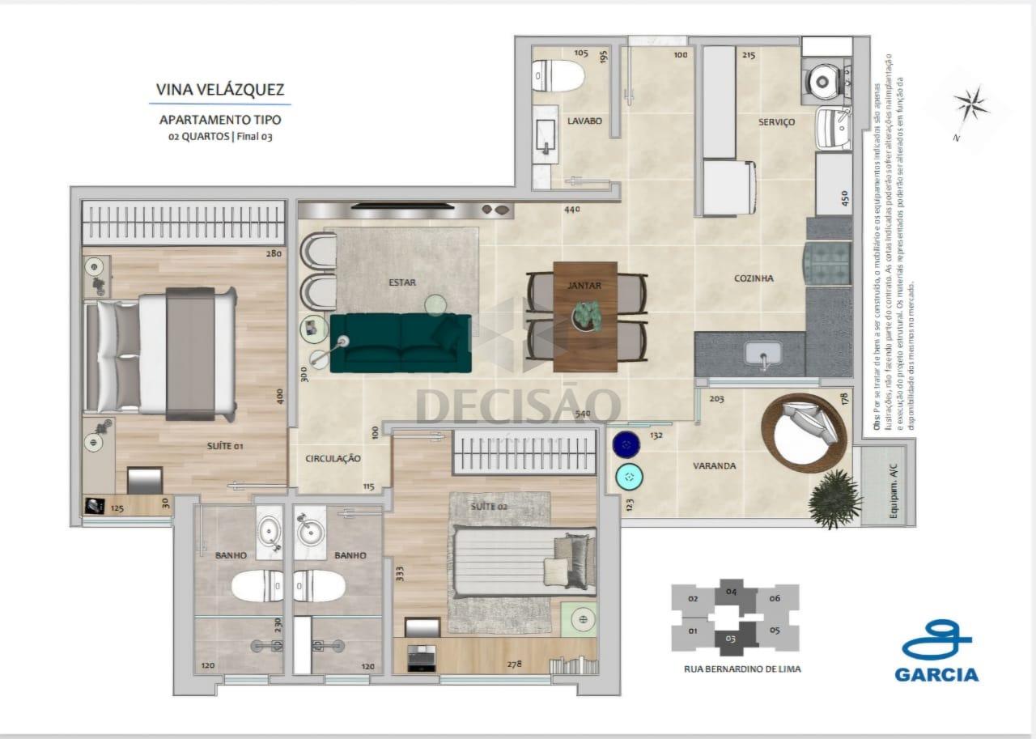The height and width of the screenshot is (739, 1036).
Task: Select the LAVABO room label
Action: [x=584, y=121]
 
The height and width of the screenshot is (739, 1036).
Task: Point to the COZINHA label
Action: [x=754, y=278]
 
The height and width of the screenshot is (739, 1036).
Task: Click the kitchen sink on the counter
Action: [x=761, y=355]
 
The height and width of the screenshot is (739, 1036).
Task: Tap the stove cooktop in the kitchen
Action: [x=827, y=264]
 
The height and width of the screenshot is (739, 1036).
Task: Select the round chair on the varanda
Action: [x=802, y=428]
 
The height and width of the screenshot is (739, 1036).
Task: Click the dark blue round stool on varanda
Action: [x=624, y=444]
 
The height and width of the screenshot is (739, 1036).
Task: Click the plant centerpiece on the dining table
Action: [x=585, y=314]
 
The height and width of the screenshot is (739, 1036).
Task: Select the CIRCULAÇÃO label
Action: [x=333, y=458]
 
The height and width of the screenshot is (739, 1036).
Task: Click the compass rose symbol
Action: [x=970, y=104]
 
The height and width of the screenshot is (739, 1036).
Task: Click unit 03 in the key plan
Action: [x=732, y=639]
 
